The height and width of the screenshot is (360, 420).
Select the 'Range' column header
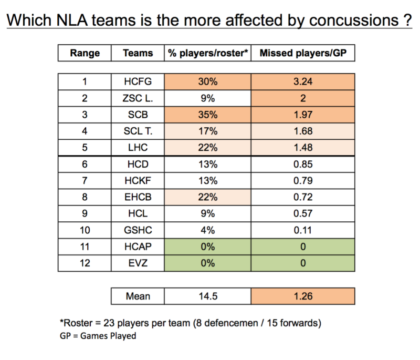(85, 53)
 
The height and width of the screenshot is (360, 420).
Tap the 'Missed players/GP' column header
(303, 53)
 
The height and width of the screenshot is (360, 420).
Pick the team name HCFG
(138, 81)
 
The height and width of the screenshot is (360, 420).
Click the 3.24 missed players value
(303, 81)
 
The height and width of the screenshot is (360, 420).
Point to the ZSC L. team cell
(138, 98)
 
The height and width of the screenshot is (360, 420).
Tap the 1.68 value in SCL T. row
(303, 130)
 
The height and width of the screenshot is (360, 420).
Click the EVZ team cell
(138, 263)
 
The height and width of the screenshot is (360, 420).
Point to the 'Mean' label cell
(138, 296)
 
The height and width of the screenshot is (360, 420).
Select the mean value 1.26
(303, 296)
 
